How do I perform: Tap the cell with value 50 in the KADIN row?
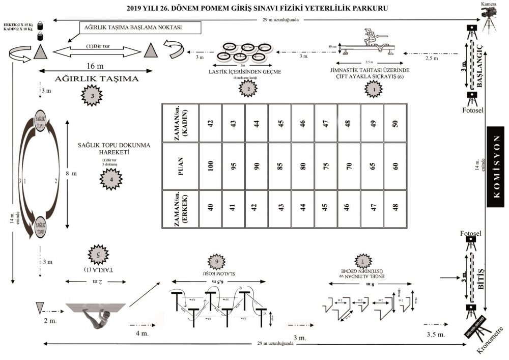pos(395,123)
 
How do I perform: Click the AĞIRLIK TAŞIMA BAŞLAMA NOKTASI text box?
pos(139,27)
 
